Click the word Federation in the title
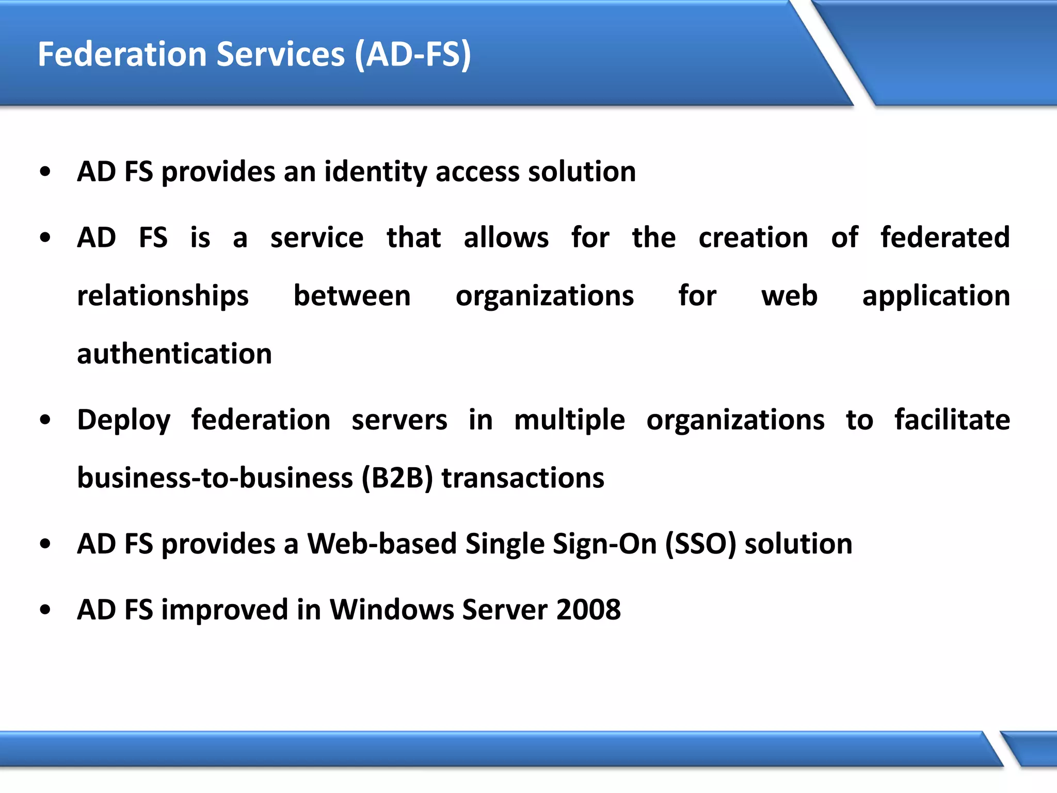click(x=122, y=54)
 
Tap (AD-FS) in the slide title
click(x=413, y=54)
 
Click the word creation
click(x=753, y=238)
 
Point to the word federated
click(x=945, y=238)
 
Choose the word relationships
click(x=163, y=296)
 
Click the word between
click(x=352, y=296)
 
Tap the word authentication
click(x=174, y=354)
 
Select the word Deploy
click(x=123, y=420)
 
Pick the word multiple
click(x=569, y=420)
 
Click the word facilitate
click(x=952, y=420)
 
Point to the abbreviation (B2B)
click(x=397, y=478)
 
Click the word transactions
click(x=523, y=478)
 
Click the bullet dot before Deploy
click(x=45, y=420)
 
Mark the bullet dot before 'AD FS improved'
click(x=45, y=610)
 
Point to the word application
click(x=936, y=296)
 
